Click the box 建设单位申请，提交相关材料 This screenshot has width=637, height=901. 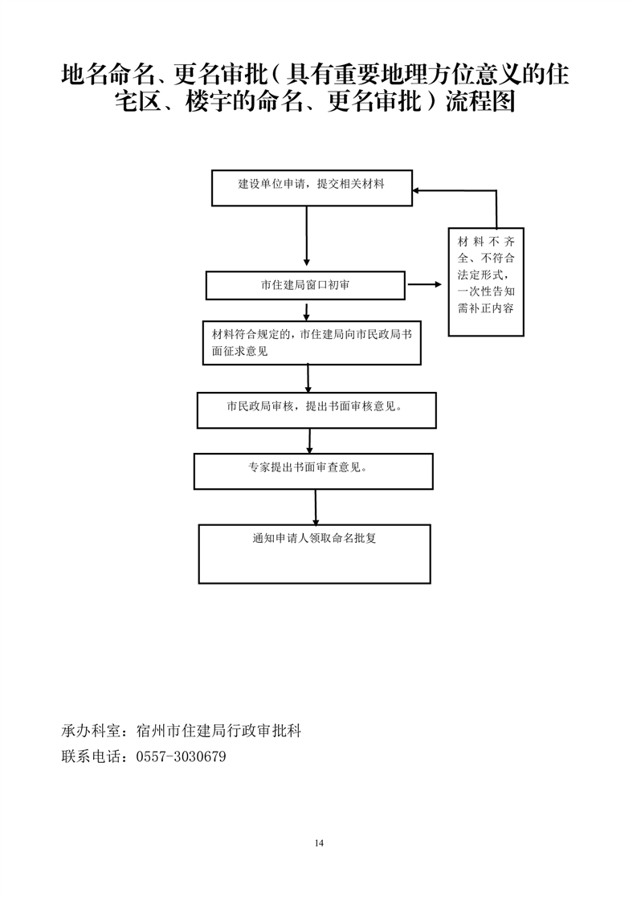[x=312, y=188]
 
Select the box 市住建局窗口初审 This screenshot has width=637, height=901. [x=305, y=284]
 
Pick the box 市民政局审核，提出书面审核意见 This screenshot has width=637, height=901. [x=316, y=410]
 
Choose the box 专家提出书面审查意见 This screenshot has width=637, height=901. [x=313, y=471]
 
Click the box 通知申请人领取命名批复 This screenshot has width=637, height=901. [x=314, y=553]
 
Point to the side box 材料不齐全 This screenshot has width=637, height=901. [x=486, y=281]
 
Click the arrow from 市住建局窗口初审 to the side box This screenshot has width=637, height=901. [x=425, y=284]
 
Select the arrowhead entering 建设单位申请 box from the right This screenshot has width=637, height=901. [x=419, y=191]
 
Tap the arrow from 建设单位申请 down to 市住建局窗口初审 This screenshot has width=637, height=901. [x=307, y=237]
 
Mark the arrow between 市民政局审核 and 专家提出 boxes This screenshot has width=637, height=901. [x=311, y=440]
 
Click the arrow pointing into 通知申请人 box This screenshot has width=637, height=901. [x=316, y=506]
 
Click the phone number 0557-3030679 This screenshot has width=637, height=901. [x=182, y=756]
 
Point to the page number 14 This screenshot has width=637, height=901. [x=319, y=842]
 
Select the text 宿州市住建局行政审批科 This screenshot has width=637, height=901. [x=219, y=732]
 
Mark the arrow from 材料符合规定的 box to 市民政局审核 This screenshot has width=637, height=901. [x=309, y=377]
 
